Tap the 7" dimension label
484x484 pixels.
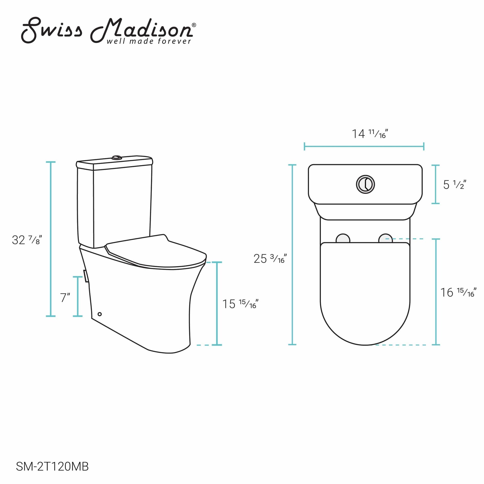pyautogui.click(x=65, y=298)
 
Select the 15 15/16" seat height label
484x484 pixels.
pyautogui.click(x=240, y=304)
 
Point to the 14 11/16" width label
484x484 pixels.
pyautogui.click(x=370, y=134)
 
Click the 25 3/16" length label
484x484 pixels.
pyautogui.click(x=270, y=258)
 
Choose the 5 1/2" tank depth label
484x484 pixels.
pyautogui.click(x=454, y=185)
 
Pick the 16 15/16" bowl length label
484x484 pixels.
pyautogui.click(x=458, y=292)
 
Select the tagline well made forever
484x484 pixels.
pyautogui.click(x=149, y=41)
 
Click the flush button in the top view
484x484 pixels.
pyautogui.click(x=365, y=184)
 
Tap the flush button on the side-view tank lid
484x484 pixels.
pyautogui.click(x=117, y=158)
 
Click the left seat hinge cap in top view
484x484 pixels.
pyautogui.click(x=343, y=238)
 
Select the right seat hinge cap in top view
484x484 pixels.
pyautogui.click(x=385, y=238)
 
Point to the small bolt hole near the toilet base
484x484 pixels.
pyautogui.click(x=99, y=314)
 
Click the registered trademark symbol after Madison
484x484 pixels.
pyautogui.click(x=194, y=25)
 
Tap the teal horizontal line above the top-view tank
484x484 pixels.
pyautogui.click(x=364, y=146)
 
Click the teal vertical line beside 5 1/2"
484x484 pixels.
pyautogui.click(x=436, y=184)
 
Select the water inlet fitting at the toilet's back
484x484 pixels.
pyautogui.click(x=86, y=276)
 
